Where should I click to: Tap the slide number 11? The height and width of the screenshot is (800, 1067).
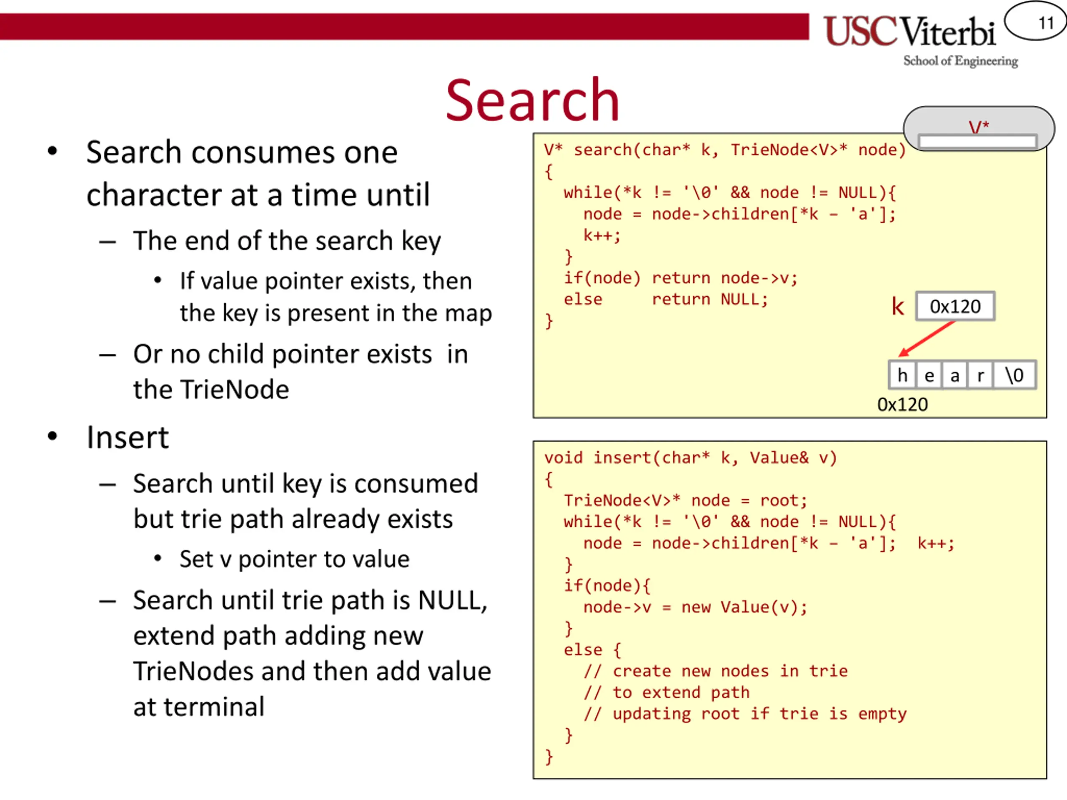1046,22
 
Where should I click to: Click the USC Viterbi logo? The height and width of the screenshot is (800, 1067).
909,32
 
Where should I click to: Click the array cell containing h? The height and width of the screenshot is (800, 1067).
902,375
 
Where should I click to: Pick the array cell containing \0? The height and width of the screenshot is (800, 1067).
1014,375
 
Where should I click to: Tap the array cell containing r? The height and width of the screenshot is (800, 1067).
980,375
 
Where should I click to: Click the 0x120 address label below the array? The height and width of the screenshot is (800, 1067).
902,405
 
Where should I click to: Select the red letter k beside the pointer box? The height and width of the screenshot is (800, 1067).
897,306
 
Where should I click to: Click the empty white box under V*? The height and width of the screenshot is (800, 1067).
977,142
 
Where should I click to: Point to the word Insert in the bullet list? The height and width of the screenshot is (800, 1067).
128,437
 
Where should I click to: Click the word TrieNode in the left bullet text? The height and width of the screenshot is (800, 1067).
211,390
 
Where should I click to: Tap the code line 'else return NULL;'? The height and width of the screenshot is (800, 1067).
665,300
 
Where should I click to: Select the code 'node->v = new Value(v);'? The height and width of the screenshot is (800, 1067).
695,607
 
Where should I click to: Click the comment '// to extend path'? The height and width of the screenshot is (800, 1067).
666,692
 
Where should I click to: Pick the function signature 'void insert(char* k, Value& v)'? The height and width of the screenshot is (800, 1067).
690,457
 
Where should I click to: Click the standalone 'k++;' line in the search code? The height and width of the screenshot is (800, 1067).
601,235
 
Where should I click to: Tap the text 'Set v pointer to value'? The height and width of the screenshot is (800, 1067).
294,559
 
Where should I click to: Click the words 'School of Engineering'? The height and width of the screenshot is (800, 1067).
960,61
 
